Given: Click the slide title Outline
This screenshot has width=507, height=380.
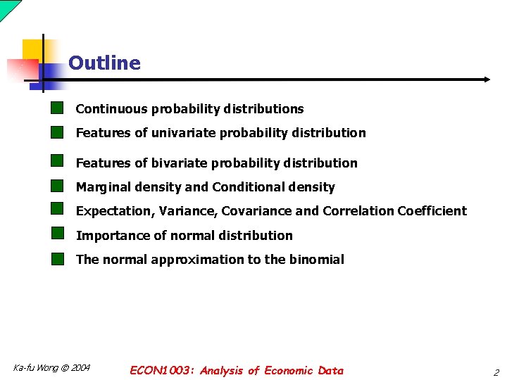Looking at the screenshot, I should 104,63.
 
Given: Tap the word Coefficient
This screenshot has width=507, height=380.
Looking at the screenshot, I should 432,211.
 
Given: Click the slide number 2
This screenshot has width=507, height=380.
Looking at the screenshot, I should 496,373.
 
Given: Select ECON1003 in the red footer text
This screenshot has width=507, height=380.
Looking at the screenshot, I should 163,371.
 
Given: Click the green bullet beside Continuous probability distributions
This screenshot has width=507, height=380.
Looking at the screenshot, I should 57,108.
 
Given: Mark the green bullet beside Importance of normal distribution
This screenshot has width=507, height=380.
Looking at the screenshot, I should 57,234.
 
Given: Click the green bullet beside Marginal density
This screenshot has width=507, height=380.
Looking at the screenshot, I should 57,186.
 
